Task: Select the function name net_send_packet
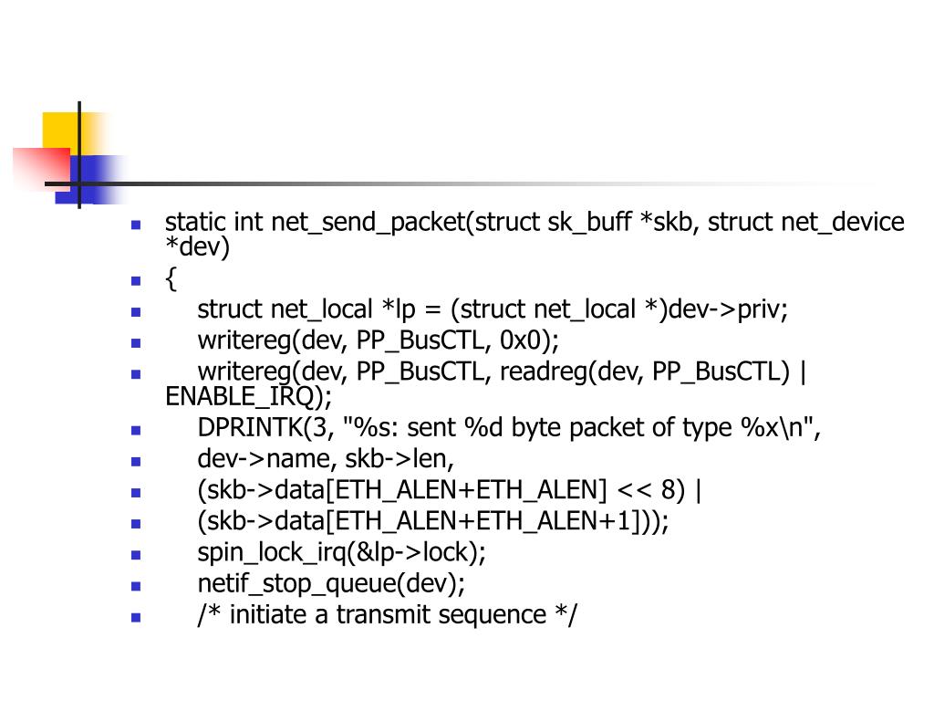tap(368, 223)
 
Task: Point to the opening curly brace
tap(171, 280)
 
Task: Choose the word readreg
tap(555, 371)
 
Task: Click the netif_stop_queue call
tap(331, 583)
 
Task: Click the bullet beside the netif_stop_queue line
tap(136, 585)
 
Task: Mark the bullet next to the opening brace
tap(136, 281)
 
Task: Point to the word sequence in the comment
tap(493, 614)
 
